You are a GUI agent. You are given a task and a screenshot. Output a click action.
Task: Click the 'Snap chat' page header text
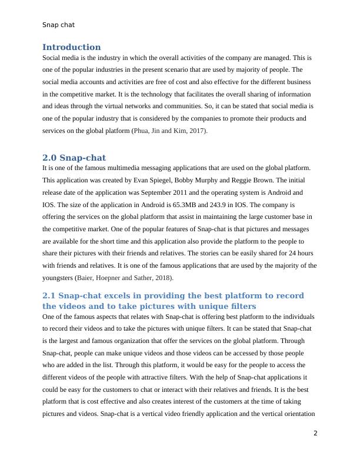58,25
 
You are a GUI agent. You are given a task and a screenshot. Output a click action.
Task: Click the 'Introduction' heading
71,47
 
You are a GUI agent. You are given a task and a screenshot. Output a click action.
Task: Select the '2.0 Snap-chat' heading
74,158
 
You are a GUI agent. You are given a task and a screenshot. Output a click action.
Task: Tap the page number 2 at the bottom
315,433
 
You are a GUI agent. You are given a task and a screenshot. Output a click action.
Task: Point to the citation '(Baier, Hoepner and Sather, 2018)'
124,278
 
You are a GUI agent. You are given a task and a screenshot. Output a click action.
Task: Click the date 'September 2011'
167,192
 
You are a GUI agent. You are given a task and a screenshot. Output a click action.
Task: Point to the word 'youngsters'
58,278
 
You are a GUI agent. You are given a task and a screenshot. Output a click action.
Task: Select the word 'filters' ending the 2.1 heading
241,306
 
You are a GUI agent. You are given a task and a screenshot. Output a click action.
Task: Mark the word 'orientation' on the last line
299,414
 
